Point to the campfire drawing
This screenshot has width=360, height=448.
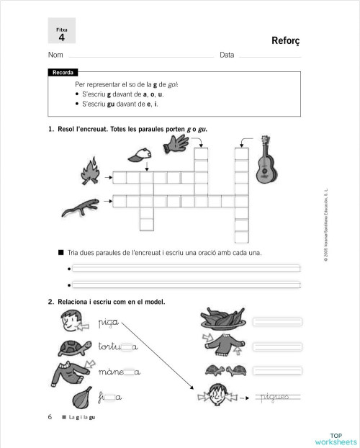coord(90,173)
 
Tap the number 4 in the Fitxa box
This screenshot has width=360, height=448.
coord(61,36)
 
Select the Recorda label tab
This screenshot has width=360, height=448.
coord(63,73)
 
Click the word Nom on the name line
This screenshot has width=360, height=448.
coord(54,55)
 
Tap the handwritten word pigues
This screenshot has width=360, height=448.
coord(277,395)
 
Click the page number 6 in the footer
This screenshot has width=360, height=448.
coord(50,417)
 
